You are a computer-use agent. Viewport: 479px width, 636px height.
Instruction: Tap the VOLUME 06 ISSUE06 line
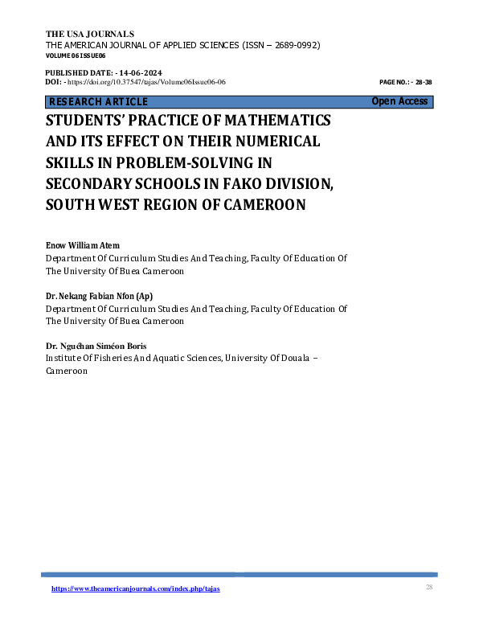click(76, 55)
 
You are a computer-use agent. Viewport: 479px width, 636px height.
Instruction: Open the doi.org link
click(145, 82)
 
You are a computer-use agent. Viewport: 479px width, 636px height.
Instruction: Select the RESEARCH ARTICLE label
click(98, 102)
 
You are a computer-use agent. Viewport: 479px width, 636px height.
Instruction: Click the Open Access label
click(399, 101)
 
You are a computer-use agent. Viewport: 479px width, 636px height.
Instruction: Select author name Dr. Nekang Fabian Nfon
click(94, 297)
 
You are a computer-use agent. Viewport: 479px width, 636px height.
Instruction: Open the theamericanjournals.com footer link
click(135, 589)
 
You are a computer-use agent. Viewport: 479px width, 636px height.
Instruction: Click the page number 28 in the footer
click(429, 589)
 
